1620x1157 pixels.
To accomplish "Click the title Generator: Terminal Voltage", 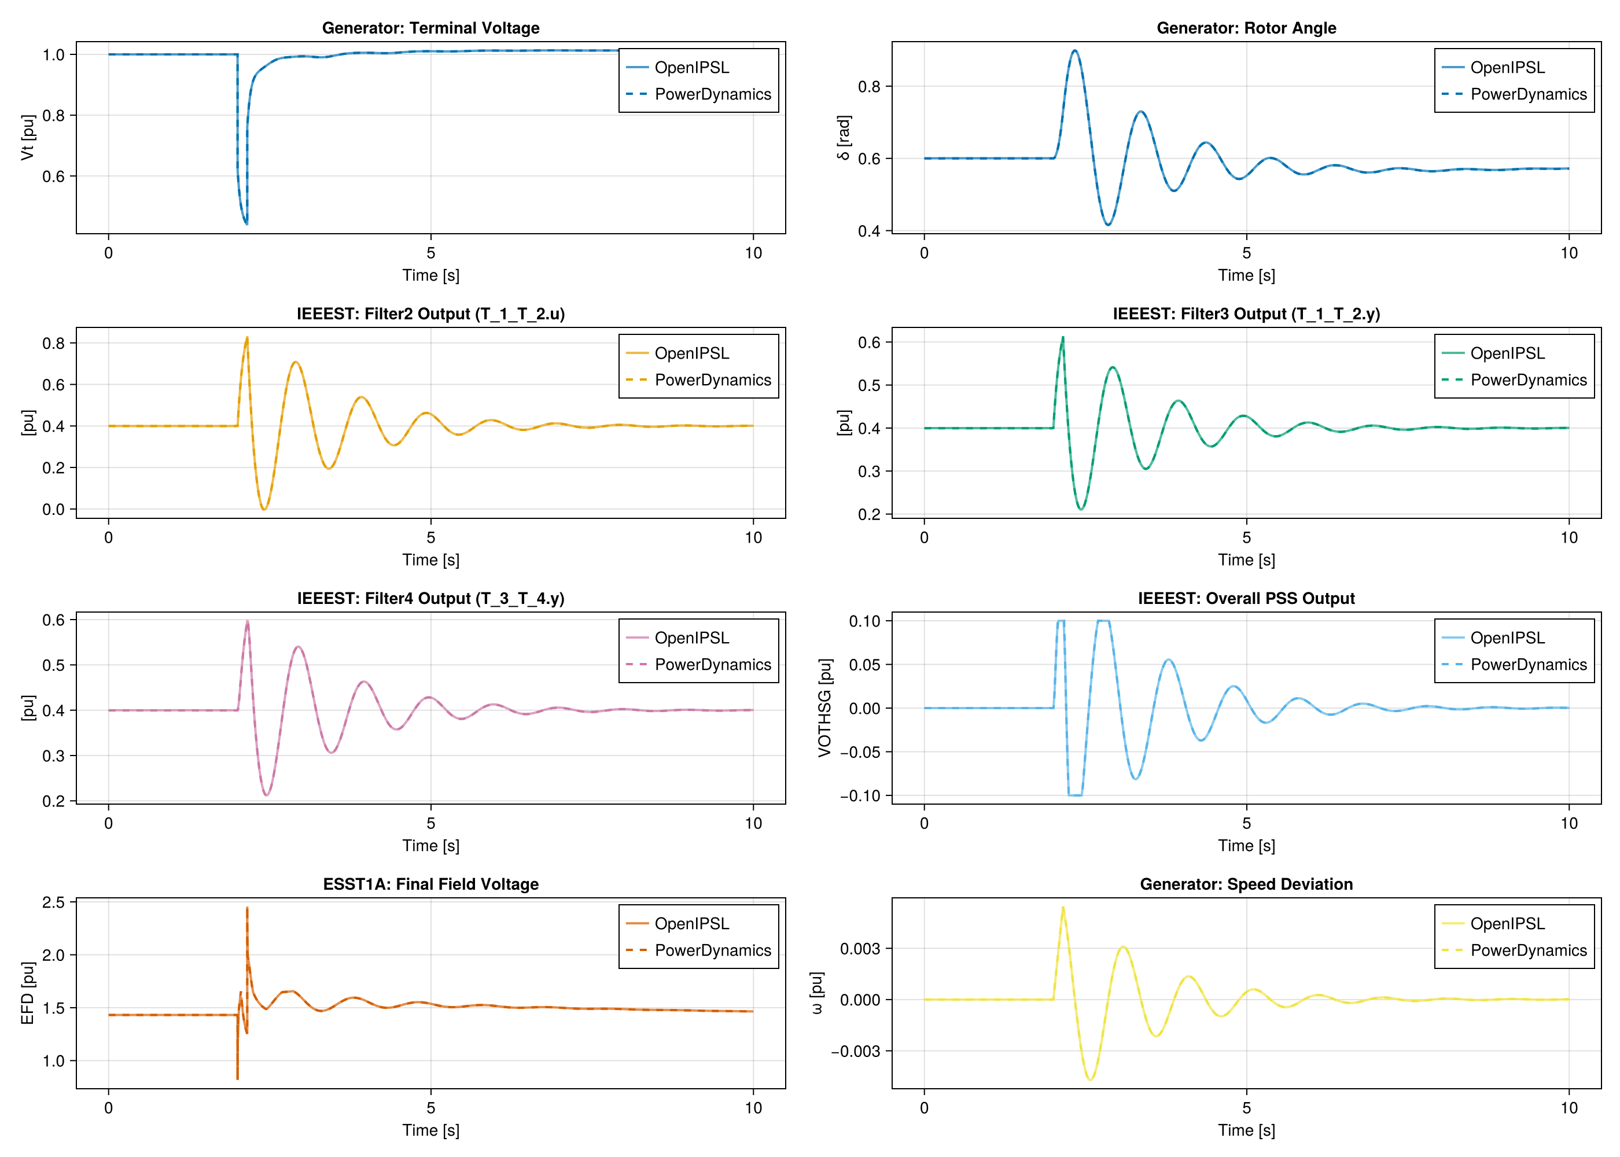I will click(430, 28).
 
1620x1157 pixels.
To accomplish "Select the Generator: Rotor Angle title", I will click(1246, 28).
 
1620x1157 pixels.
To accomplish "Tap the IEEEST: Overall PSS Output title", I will click(1246, 598).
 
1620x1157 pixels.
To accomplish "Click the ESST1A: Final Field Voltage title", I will click(430, 884).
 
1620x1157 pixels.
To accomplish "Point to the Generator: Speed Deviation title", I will click(1246, 884).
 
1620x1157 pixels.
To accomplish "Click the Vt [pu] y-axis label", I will click(28, 138).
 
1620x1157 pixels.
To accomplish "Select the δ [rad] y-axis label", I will click(844, 138).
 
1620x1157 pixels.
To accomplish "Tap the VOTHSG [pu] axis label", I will click(824, 708).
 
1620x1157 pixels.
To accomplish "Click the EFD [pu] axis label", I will click(28, 993).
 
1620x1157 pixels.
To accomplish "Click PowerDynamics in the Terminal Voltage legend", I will click(712, 94).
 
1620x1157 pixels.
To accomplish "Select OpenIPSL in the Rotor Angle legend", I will click(1507, 68).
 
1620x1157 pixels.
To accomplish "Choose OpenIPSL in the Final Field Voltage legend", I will click(692, 923).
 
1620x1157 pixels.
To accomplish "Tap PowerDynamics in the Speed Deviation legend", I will click(1529, 950).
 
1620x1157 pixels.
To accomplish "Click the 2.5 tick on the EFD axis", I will click(53, 902).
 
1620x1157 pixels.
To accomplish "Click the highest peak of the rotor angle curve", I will click(1074, 50).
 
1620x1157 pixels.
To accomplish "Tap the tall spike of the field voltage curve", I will click(247, 908).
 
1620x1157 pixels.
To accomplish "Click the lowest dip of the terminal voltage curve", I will click(246, 224).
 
